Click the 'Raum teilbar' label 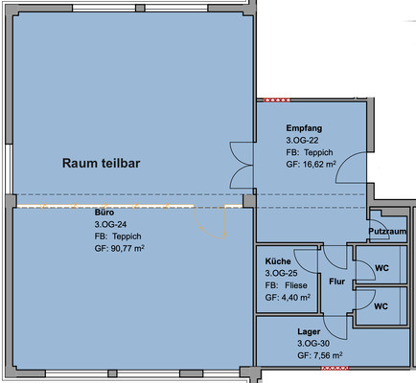tap(101, 163)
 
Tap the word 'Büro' tap(104, 213)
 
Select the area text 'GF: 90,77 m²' tap(120, 248)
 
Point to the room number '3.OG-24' tap(110, 224)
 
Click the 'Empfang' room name tap(304, 128)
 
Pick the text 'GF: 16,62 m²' tap(311, 165)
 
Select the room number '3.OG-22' tap(302, 141)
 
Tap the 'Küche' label tap(278, 261)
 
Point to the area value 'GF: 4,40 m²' tap(288, 298)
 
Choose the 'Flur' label tap(337, 282)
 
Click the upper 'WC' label tap(381, 268)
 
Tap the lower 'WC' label tap(381, 306)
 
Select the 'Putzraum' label tap(387, 231)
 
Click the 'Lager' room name tap(309, 331)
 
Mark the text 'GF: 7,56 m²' tap(320, 355)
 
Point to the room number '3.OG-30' tap(313, 344)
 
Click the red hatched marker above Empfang tap(277, 100)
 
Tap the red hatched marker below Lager tap(335, 369)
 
